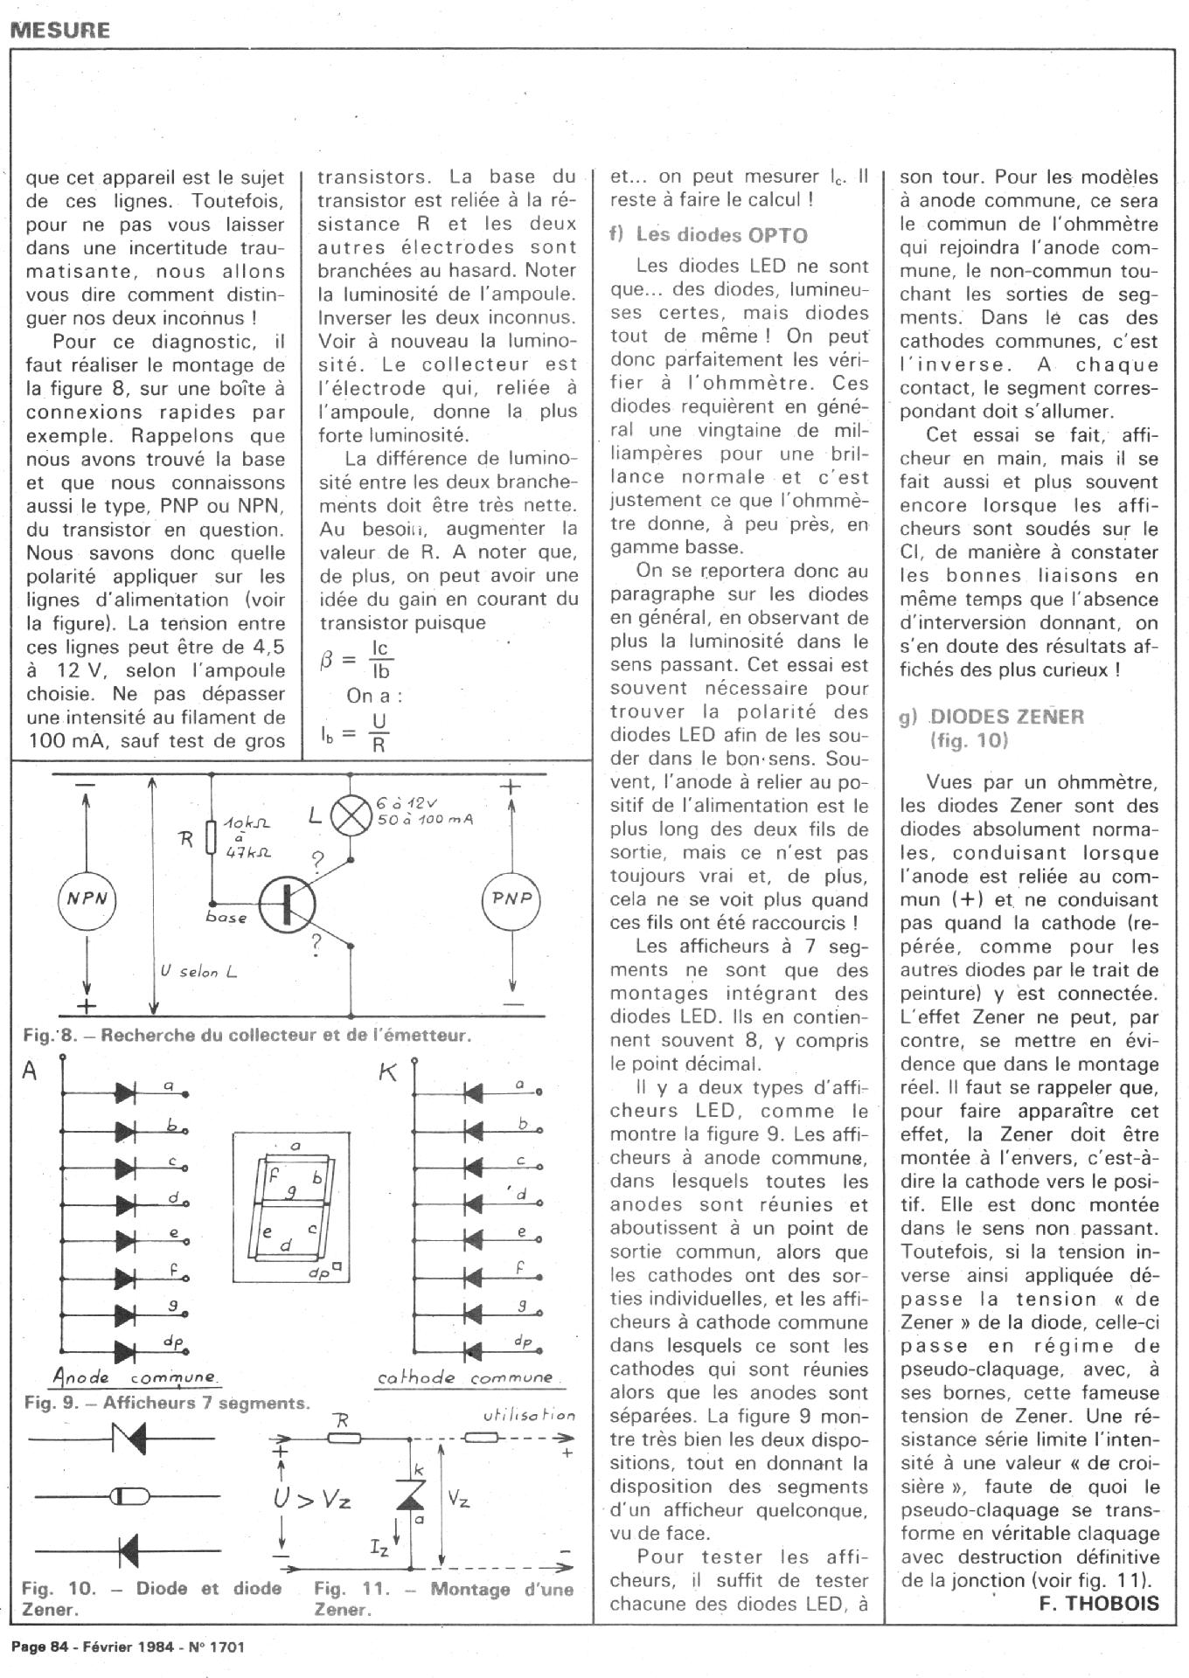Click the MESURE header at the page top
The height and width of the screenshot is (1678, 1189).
coord(60,30)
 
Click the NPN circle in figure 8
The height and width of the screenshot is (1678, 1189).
coord(87,898)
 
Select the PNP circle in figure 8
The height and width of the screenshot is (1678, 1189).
coord(512,898)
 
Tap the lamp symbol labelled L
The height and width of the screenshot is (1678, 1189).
coord(350,815)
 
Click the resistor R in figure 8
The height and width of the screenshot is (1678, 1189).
coord(211,837)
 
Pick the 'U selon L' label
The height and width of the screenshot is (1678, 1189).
coord(199,971)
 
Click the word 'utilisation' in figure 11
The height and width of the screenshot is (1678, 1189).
coord(529,1415)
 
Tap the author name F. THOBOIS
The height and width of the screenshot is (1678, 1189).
coord(1099,1603)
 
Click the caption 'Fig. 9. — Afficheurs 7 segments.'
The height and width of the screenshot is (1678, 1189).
coord(167,1403)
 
